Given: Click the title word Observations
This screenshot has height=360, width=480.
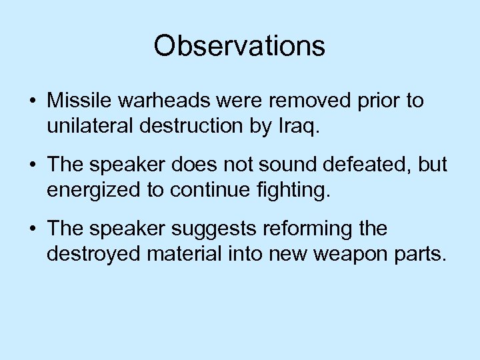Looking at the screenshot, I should click(x=239, y=46).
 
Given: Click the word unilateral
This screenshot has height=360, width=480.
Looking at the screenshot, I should click(x=86, y=125).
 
